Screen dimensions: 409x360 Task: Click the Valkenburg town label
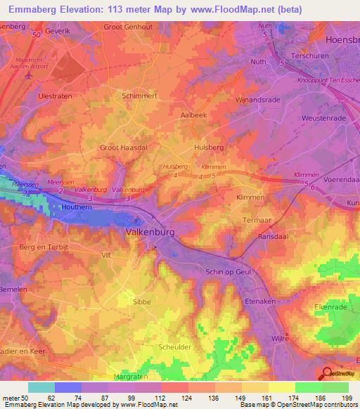(150, 231)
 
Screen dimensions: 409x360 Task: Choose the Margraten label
(132, 377)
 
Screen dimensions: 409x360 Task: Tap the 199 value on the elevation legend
(347, 397)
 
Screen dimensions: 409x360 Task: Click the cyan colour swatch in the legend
(41, 387)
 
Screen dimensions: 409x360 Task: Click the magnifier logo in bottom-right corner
(326, 374)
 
